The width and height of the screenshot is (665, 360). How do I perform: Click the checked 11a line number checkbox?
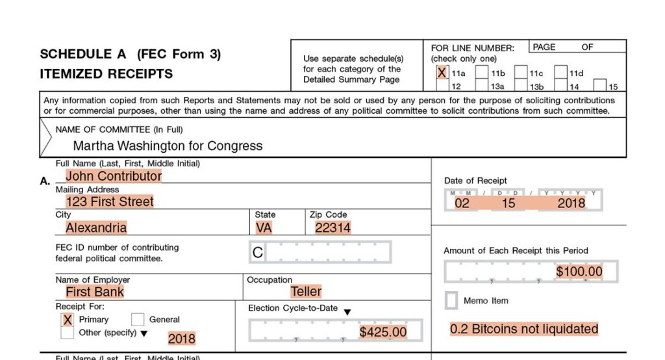[x=442, y=73]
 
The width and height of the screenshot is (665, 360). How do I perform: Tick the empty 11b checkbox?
[x=481, y=73]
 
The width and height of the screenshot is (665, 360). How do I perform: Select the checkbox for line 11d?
[x=560, y=73]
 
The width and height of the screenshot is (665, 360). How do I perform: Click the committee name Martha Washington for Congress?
[x=168, y=146]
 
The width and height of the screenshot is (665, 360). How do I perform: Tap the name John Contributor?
[x=114, y=175]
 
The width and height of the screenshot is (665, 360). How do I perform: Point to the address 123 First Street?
[x=110, y=201]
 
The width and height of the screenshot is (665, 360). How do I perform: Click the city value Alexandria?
[x=96, y=227]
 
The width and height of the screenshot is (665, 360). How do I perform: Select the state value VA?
[x=264, y=227]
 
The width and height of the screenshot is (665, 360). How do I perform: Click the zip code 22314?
[x=332, y=227]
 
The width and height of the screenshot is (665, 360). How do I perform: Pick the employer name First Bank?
[x=95, y=292]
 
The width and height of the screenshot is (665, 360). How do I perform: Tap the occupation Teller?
[x=306, y=292]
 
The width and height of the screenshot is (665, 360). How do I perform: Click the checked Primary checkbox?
[x=67, y=320]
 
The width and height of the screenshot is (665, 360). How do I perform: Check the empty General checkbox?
[x=138, y=320]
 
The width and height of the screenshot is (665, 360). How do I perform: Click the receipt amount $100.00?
[x=579, y=272]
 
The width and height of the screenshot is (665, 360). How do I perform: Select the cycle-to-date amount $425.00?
[x=383, y=332]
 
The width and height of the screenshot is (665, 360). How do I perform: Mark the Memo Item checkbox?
[x=451, y=301]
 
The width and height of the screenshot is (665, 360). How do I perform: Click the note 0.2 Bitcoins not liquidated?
[x=524, y=329]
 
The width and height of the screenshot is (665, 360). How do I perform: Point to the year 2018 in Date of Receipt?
[x=571, y=203]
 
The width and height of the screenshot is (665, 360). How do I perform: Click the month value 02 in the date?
[x=462, y=203]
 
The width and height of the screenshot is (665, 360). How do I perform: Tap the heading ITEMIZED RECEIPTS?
[x=107, y=74]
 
